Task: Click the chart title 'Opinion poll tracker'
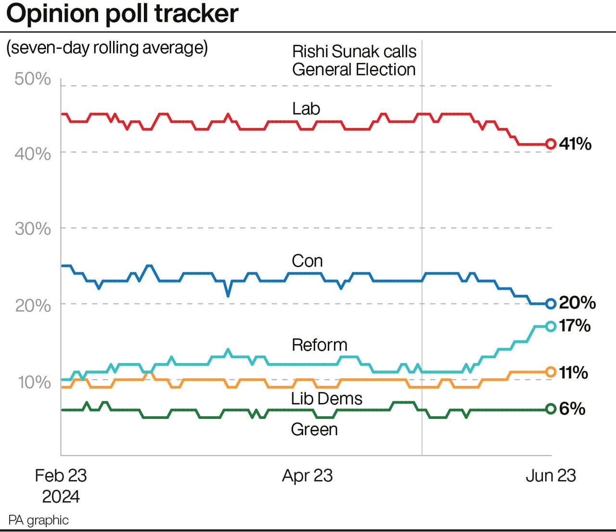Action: [x=122, y=13]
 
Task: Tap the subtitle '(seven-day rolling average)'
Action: [x=107, y=48]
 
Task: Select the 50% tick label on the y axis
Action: [x=32, y=78]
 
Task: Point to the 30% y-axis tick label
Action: [x=32, y=229]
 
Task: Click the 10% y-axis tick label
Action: [x=34, y=382]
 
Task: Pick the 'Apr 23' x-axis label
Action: [x=307, y=476]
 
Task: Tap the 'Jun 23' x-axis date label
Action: [x=551, y=476]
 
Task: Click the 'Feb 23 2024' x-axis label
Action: [x=61, y=486]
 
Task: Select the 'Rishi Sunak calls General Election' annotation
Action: [x=354, y=61]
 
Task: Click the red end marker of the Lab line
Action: [x=551, y=144]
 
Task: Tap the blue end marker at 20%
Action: [x=551, y=304]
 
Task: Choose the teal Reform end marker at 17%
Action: [x=551, y=326]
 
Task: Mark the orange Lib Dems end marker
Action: [x=551, y=372]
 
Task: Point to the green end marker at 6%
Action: [x=551, y=409]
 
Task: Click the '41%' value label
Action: [x=575, y=144]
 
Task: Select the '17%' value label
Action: [x=575, y=326]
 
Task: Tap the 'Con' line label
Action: [x=307, y=261]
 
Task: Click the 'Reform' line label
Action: [x=320, y=345]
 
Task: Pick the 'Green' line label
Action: [x=314, y=429]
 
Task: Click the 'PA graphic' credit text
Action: [x=38, y=520]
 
